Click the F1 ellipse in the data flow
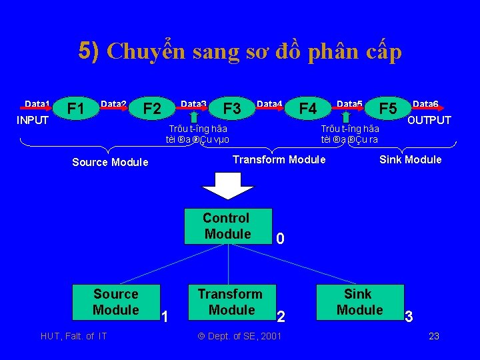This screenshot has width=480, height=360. tap(76, 109)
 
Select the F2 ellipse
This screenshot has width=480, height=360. tap(153, 109)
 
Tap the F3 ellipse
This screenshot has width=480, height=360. tap(232, 108)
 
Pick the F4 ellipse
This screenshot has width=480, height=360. tap(307, 108)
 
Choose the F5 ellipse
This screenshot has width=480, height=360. tap(388, 108)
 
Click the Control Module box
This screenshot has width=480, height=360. tap(227, 226)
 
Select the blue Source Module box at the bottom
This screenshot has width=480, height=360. tap(116, 302)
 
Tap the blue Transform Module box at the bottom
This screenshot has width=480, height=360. tap(230, 302)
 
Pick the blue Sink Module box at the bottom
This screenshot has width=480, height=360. tap(359, 302)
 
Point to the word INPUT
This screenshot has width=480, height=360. tap(33, 121)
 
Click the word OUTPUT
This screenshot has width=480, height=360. tap(429, 121)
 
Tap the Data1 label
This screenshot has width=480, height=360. tap(37, 104)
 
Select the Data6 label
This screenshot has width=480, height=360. tap(425, 104)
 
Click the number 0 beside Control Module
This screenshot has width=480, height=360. tap(281, 239)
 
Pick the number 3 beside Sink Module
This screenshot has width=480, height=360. tap(409, 317)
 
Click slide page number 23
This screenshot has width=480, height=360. tap(433, 336)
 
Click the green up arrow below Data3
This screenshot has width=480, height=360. tap(195, 117)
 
